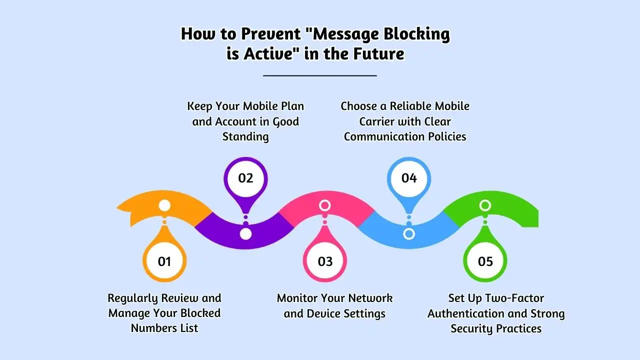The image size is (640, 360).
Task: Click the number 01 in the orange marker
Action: point(164,261)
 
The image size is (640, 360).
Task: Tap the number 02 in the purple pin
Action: point(245,178)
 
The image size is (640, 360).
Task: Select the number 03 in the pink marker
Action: point(325,261)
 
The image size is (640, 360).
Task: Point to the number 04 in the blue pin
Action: point(409,178)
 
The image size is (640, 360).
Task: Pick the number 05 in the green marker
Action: point(485,261)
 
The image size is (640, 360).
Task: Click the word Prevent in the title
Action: point(274,34)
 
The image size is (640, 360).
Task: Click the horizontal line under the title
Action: point(320,75)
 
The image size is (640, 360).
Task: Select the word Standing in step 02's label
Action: point(245,136)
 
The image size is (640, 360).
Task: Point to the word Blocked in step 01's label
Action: point(200,313)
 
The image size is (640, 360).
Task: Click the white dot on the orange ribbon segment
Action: point(164,205)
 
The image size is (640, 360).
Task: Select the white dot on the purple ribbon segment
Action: point(245,234)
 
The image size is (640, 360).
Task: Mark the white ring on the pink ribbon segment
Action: point(325,205)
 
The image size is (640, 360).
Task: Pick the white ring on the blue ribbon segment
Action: point(409,233)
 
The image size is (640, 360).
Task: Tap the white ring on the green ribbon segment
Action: point(485,205)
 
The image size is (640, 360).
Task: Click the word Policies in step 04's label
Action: point(445,136)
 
